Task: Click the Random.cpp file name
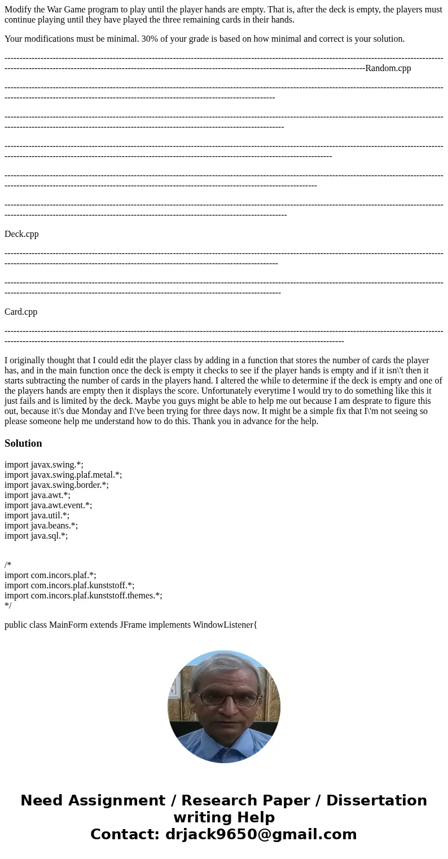pyautogui.click(x=388, y=68)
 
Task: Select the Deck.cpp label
pyautogui.click(x=21, y=234)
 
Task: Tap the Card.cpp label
pyautogui.click(x=21, y=312)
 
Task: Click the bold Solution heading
pyautogui.click(x=23, y=443)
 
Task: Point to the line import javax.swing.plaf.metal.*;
pyautogui.click(x=63, y=475)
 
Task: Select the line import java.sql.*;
pyautogui.click(x=36, y=536)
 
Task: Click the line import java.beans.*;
pyautogui.click(x=41, y=526)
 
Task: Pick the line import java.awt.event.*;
pyautogui.click(x=48, y=505)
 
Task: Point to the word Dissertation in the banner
pyautogui.click(x=376, y=801)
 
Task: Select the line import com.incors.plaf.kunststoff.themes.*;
pyautogui.click(x=84, y=596)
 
